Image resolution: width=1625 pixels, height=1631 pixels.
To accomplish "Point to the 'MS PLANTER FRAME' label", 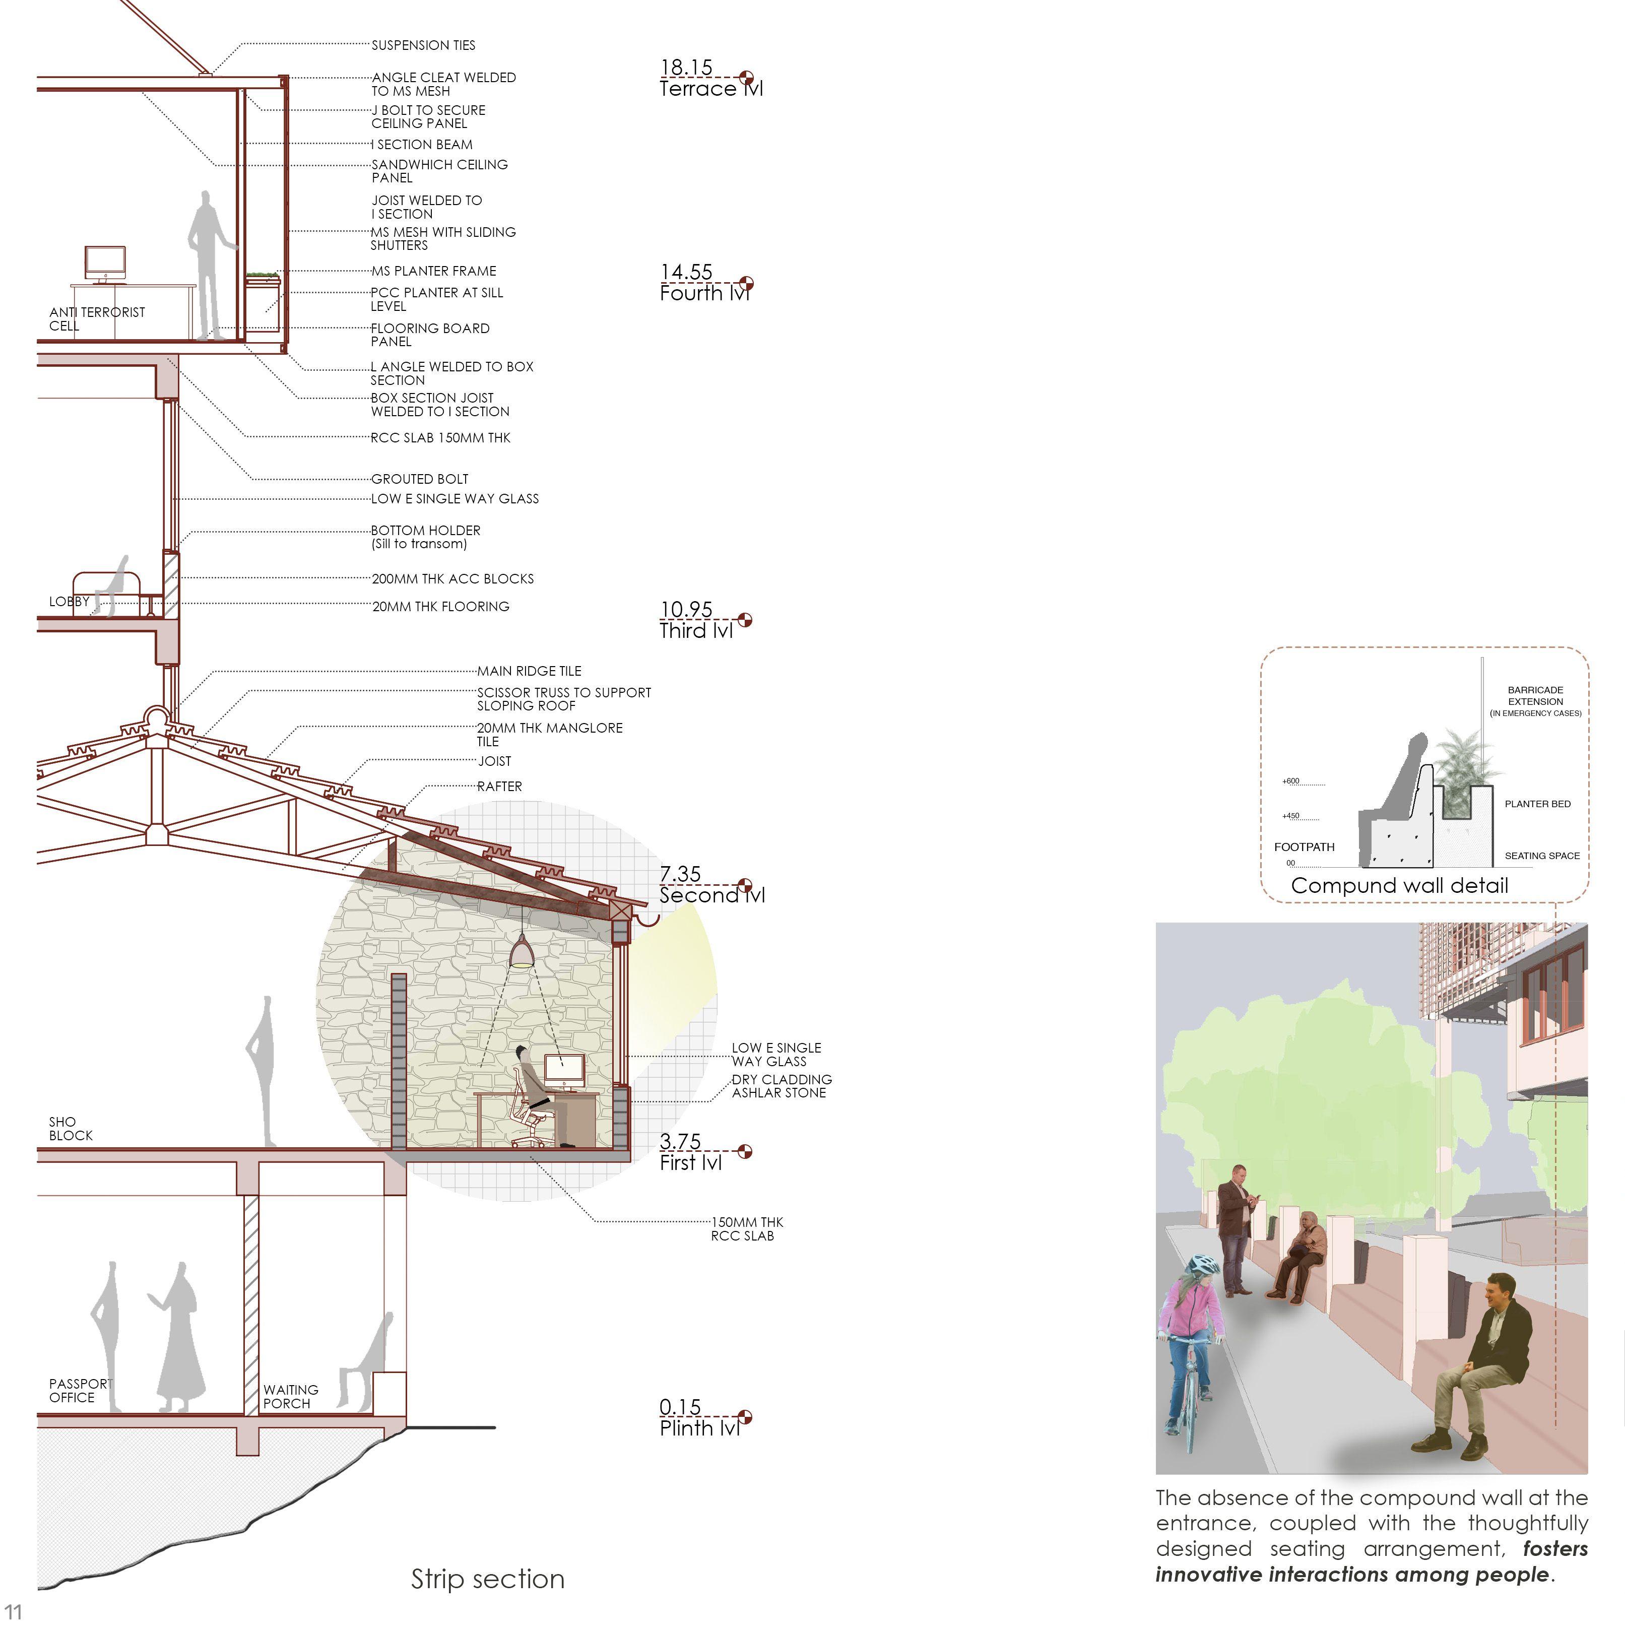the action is (x=434, y=271).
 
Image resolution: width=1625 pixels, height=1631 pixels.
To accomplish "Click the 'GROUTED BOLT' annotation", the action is (x=420, y=479).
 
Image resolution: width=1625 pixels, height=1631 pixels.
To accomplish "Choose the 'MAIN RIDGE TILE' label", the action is (x=529, y=671).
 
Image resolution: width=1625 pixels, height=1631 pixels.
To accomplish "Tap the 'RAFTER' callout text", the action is (x=500, y=786).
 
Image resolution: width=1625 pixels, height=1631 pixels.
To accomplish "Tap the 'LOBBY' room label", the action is (x=69, y=601).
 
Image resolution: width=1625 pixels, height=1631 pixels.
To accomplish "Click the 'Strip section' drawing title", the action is (x=488, y=1579).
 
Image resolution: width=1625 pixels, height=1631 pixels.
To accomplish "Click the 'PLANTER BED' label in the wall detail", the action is (x=1537, y=804).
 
